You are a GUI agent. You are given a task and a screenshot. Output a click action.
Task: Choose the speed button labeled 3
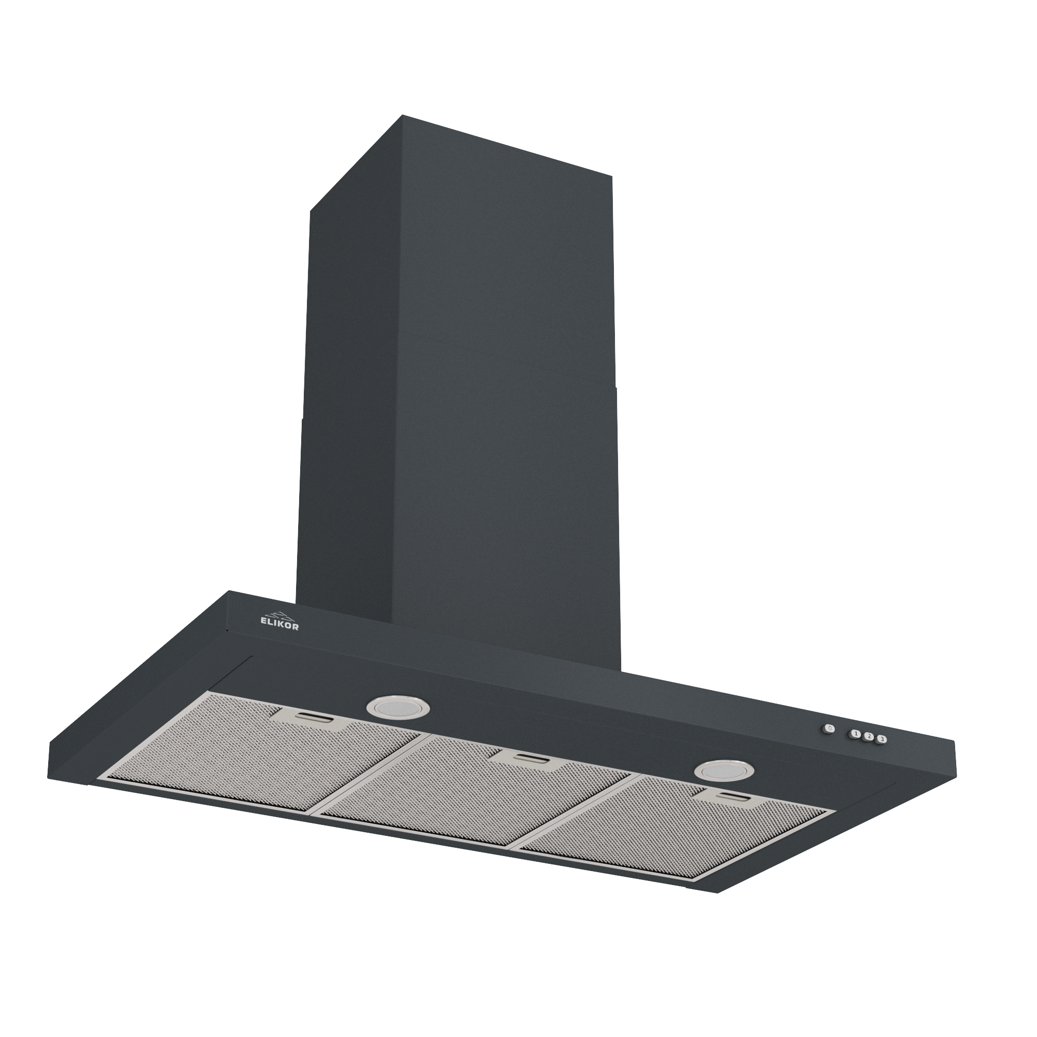pos(881,740)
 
